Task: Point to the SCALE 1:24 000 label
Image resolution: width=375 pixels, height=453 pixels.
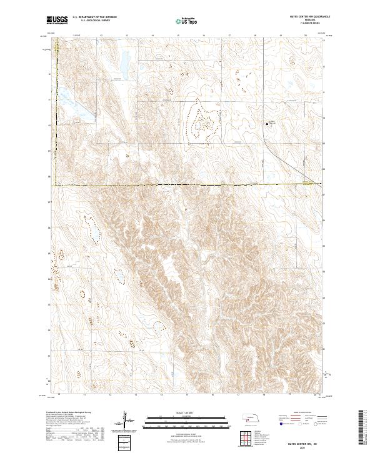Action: (x=187, y=412)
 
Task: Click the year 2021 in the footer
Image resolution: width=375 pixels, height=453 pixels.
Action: (x=306, y=447)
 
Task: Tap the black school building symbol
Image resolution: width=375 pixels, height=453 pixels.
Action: (x=268, y=124)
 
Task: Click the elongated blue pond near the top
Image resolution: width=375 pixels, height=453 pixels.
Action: (x=124, y=60)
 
